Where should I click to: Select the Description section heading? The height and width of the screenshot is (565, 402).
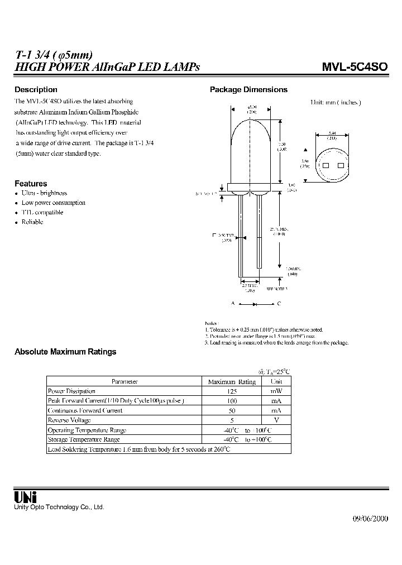click(36, 89)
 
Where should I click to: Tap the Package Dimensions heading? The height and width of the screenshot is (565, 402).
click(248, 89)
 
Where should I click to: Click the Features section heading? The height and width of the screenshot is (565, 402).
click(31, 184)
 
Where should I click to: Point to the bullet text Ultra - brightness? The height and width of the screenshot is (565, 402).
click(44, 193)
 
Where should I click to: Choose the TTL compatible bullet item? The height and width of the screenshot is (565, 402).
click(42, 212)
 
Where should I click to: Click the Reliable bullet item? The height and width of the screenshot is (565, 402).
click(32, 222)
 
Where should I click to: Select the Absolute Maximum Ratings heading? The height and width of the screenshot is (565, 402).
click(65, 352)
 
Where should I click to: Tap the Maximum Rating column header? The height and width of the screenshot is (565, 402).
click(232, 382)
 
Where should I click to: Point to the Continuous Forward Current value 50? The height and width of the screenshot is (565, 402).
click(232, 410)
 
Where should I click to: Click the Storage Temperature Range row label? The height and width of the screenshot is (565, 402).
click(84, 439)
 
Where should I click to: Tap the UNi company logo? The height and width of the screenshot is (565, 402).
click(25, 496)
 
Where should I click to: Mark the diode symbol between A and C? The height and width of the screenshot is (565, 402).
click(254, 304)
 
